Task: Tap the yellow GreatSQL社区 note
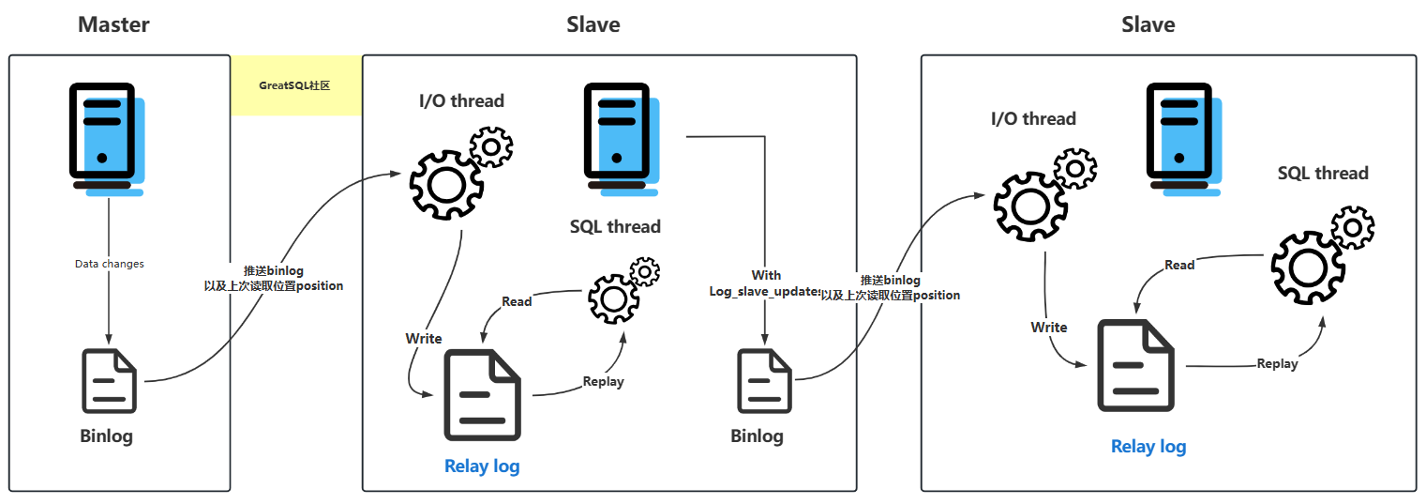[x=295, y=85]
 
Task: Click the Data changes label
[x=110, y=264]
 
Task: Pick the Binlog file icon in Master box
[x=110, y=380]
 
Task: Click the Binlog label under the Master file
[x=106, y=436]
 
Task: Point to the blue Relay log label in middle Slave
[x=482, y=466]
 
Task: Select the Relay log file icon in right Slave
[x=1136, y=366]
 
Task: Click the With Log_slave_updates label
[x=765, y=283]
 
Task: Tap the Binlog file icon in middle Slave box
[x=764, y=380]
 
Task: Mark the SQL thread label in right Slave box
[x=1323, y=173]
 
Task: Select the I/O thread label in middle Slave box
[x=461, y=100]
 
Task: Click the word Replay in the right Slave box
[x=1277, y=363]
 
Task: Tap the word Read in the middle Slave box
[x=517, y=301]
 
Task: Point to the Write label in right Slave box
[x=1049, y=327]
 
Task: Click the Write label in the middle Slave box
[x=424, y=338]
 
